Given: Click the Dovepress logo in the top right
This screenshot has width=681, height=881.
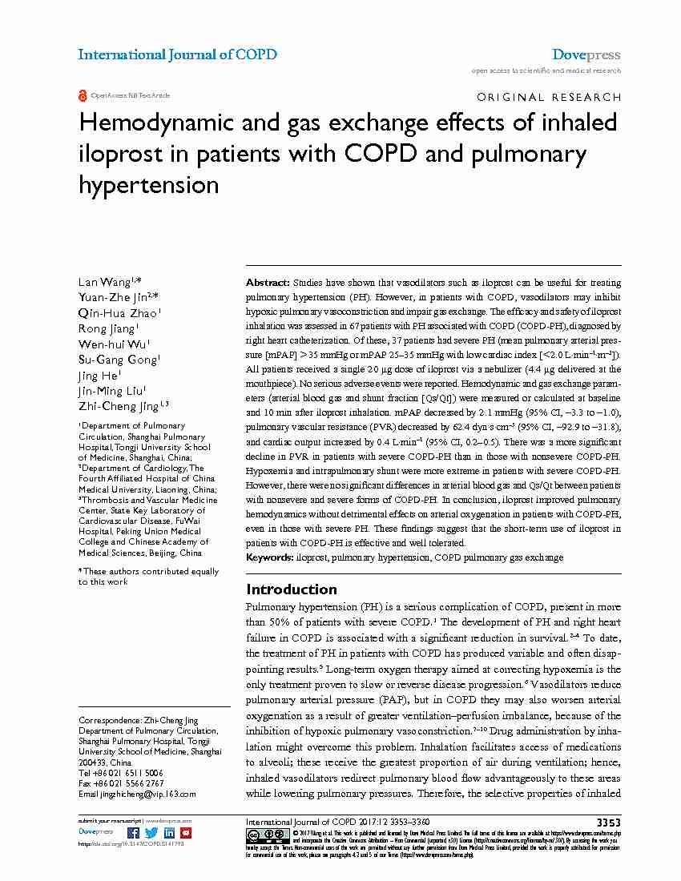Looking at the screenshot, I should point(586,54).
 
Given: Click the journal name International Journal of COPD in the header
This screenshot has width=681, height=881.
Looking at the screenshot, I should point(177,54).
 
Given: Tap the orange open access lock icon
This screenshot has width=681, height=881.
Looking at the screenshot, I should point(83,95).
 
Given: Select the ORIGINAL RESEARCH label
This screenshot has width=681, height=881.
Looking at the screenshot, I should point(548,97).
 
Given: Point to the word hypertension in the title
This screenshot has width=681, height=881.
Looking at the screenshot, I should point(148,185).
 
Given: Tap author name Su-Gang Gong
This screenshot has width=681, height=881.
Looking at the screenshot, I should point(117,360).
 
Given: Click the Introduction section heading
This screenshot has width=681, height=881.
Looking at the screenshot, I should point(291,589).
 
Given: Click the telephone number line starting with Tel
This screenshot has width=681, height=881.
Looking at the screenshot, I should point(121,773).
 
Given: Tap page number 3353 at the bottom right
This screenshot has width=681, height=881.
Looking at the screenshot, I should point(608,823).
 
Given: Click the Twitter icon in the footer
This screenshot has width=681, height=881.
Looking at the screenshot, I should point(152,833).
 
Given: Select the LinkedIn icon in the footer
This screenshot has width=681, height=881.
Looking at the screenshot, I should point(169,833).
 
